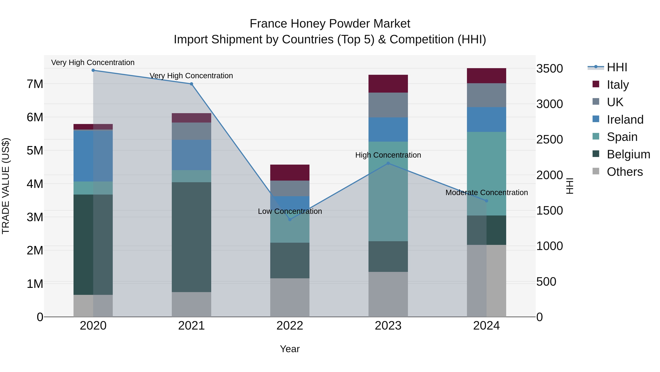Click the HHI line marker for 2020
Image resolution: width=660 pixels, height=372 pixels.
click(x=93, y=70)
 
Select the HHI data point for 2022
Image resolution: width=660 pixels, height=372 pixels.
click(x=290, y=220)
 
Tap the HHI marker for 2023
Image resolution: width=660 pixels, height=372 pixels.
click(x=388, y=163)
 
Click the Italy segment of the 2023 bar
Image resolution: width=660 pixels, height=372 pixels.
click(x=388, y=84)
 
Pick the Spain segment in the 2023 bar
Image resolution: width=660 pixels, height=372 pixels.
click(x=388, y=191)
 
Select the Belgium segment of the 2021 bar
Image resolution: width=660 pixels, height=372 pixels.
click(x=191, y=237)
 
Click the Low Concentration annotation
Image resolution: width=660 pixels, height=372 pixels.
click(x=290, y=211)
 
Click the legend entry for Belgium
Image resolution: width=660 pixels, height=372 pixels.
click(x=628, y=154)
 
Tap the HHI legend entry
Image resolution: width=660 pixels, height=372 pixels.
click(x=617, y=67)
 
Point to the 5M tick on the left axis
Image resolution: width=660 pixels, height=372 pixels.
click(x=35, y=150)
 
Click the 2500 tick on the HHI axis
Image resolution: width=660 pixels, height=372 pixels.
click(x=550, y=139)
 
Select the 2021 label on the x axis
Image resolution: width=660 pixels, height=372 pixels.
click(x=191, y=326)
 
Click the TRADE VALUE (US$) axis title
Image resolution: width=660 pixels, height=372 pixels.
click(x=6, y=186)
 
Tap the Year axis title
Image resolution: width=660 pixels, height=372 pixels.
click(x=290, y=349)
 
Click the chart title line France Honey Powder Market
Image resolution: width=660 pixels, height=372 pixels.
click(x=330, y=24)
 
